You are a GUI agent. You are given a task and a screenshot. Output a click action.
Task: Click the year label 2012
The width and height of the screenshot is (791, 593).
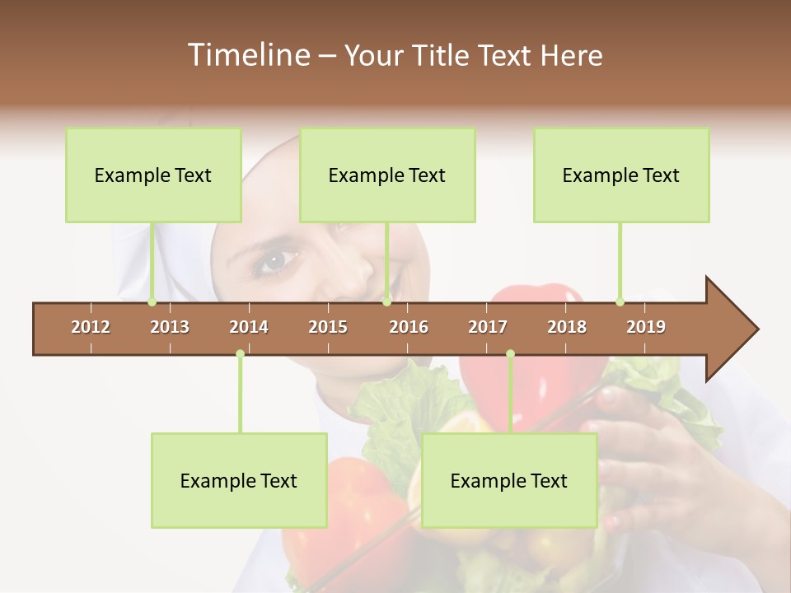click(x=91, y=327)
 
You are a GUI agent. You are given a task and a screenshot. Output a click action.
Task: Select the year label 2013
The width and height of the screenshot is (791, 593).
click(x=170, y=327)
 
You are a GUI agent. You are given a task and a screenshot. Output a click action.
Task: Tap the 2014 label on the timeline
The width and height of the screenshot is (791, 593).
click(x=249, y=327)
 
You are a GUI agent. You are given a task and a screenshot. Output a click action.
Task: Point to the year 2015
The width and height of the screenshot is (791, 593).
click(x=328, y=327)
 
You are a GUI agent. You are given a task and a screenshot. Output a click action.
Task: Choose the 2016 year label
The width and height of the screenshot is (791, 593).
click(x=409, y=327)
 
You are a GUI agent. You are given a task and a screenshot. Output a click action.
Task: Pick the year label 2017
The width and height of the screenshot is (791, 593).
click(x=488, y=327)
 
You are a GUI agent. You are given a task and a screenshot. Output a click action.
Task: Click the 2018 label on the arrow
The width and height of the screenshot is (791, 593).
click(x=567, y=327)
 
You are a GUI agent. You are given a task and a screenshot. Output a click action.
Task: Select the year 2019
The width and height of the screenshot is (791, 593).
click(x=646, y=327)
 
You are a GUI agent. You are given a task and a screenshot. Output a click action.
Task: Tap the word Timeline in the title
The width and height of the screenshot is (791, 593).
click(x=247, y=55)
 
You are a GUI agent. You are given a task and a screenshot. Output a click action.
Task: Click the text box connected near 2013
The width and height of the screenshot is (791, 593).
click(x=153, y=175)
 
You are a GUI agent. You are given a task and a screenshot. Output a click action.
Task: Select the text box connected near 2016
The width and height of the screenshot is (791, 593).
click(x=387, y=175)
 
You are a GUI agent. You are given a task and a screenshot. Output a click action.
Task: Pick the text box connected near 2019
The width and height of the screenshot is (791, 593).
click(x=621, y=175)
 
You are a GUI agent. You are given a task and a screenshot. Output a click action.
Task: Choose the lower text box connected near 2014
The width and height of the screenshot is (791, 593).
click(x=239, y=480)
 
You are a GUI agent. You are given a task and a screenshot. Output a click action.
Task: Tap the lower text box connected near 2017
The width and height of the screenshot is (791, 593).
click(x=509, y=480)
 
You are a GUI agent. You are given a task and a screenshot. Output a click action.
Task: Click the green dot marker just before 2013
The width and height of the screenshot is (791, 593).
click(x=152, y=302)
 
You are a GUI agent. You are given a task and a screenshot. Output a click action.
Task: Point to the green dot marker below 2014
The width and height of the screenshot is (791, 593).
click(x=240, y=354)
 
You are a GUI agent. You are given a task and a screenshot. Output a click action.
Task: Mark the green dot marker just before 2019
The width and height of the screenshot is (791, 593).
click(x=620, y=302)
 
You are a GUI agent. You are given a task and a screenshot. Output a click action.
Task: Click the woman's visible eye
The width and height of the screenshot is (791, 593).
click(x=275, y=261)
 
